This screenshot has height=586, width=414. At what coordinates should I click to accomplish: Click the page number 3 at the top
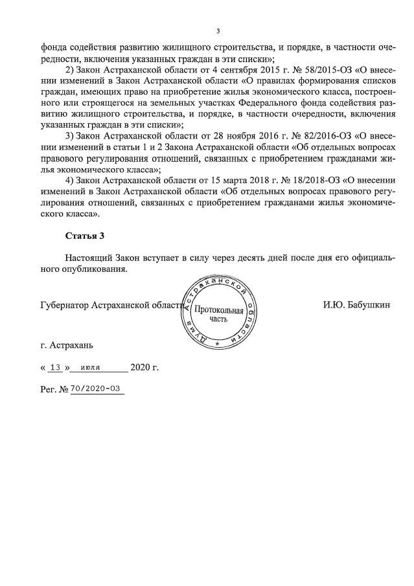[218, 31]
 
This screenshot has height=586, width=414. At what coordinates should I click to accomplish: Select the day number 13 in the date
[55, 367]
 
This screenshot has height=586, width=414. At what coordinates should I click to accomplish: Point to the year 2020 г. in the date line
[144, 367]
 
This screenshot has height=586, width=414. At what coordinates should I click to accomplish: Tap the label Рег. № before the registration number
[54, 390]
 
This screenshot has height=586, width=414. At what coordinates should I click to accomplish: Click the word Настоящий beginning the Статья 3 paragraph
[91, 258]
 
